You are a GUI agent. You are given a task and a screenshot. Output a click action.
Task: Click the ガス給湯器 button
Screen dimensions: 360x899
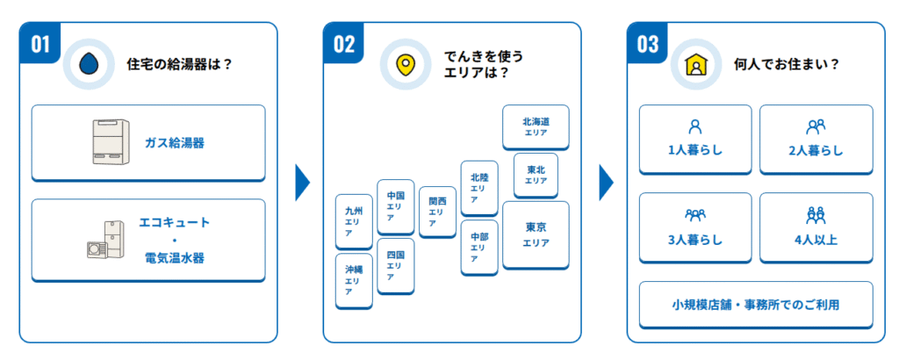[x=147, y=142]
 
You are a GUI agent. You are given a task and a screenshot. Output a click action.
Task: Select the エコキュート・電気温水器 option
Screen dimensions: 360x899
[x=147, y=240]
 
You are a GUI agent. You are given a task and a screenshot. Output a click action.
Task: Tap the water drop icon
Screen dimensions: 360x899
[x=88, y=64]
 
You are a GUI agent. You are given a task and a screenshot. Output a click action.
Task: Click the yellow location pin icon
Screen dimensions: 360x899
[x=405, y=65]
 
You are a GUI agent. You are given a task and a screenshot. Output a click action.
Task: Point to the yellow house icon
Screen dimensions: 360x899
[x=696, y=65]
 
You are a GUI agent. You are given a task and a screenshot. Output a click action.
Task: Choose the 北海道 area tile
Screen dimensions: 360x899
[x=536, y=126]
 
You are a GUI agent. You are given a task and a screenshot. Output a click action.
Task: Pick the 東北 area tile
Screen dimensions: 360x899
[x=536, y=175]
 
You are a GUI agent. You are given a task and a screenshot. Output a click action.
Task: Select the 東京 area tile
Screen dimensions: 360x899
[x=536, y=234]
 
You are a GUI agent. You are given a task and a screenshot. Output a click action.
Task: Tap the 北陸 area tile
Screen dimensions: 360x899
[x=478, y=188]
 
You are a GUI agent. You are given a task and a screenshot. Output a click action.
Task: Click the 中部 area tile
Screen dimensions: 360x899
[x=478, y=248]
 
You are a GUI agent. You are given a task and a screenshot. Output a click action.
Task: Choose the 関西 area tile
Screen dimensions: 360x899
[x=437, y=212]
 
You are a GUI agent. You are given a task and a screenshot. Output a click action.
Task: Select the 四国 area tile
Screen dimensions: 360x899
[x=395, y=265]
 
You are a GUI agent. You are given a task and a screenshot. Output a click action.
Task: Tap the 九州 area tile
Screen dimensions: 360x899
[x=354, y=222]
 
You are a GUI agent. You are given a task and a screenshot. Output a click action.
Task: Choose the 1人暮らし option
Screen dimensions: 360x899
[x=695, y=139]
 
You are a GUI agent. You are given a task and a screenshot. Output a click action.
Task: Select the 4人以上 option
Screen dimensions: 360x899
[x=816, y=227]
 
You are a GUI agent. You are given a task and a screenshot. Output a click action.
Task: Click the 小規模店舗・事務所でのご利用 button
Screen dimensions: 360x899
[x=756, y=304]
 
